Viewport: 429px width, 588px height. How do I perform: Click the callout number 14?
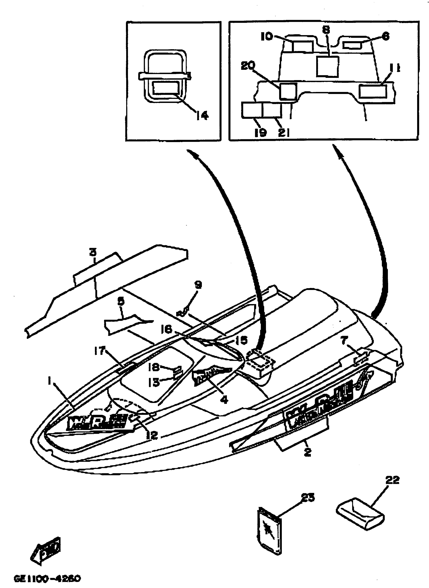202,115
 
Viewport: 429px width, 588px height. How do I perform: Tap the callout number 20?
248,66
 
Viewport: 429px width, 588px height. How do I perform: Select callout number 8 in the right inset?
326,30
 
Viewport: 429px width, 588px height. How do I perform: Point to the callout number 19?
260,132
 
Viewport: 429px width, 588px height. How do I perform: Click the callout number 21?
284,133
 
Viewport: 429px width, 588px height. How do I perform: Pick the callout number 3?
93,252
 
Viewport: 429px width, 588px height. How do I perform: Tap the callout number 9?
198,285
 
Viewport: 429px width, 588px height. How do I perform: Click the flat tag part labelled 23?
269,530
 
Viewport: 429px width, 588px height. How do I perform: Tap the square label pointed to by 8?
328,66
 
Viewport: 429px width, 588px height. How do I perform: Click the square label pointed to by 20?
288,91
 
